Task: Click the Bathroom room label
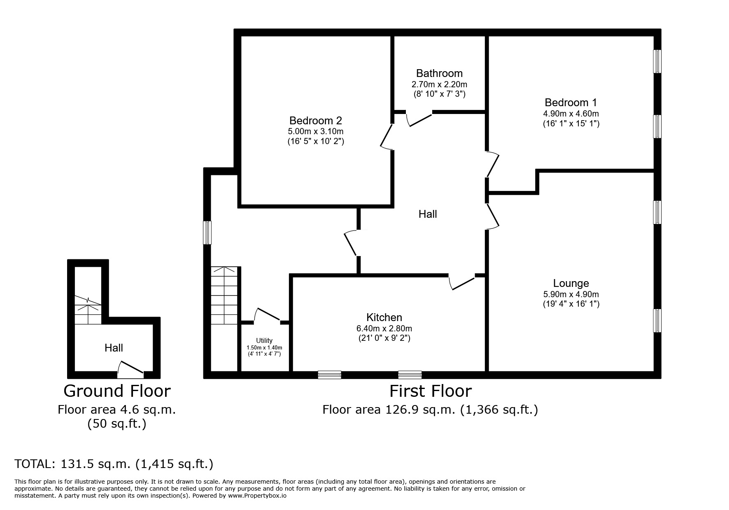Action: click(x=439, y=73)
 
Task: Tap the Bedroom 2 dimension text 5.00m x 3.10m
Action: click(x=315, y=132)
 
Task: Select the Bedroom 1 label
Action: click(x=571, y=102)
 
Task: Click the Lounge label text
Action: click(x=571, y=283)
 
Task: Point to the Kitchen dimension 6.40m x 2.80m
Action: click(x=384, y=328)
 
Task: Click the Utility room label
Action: click(x=264, y=340)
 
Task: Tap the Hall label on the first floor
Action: click(x=428, y=214)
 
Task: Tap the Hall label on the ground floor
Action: click(x=114, y=348)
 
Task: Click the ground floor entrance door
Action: click(x=130, y=370)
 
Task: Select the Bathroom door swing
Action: click(x=419, y=119)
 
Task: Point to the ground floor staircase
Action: click(x=88, y=311)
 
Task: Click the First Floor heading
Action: click(x=430, y=391)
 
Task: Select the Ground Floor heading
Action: click(x=117, y=391)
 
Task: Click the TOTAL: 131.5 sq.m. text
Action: click(x=114, y=464)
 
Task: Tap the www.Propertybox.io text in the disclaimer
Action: click(x=257, y=496)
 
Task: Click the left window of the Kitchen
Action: click(x=329, y=375)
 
